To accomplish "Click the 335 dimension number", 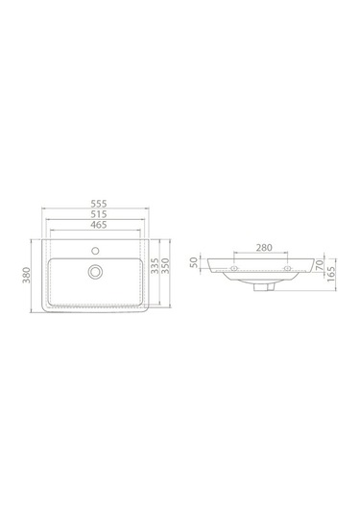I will pyautogui.click(x=154, y=266).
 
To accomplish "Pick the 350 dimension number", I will pyautogui.click(x=164, y=266).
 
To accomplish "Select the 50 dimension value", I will pyautogui.click(x=196, y=261).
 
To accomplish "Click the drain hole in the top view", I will pyautogui.click(x=95, y=272).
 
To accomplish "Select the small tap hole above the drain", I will pyautogui.click(x=95, y=249).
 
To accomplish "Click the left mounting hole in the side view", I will pyautogui.click(x=232, y=272).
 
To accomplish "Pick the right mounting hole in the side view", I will pyautogui.click(x=286, y=272).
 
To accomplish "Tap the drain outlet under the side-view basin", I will pyautogui.click(x=260, y=284).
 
